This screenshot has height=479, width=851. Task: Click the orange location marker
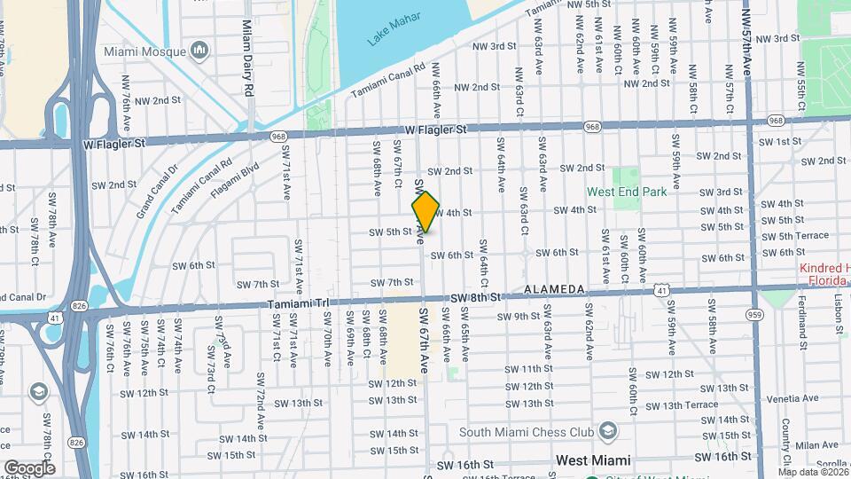coord(425,212)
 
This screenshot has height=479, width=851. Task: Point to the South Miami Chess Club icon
coord(608,431)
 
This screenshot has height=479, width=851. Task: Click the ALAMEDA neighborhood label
coord(554,290)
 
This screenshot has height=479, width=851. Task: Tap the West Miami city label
coord(592,460)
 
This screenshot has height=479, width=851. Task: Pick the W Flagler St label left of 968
coord(113,142)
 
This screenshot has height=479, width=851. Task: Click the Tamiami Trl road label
coord(298,303)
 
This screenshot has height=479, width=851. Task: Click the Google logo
coord(29,467)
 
